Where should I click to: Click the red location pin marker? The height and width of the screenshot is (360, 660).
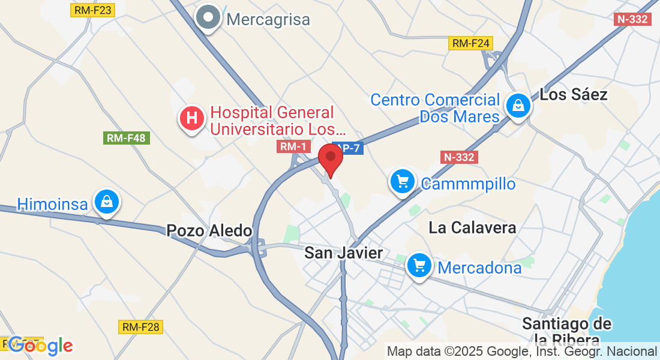pyautogui.click(x=330, y=158)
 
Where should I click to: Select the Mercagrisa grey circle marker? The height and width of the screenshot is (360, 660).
pyautogui.click(x=208, y=19)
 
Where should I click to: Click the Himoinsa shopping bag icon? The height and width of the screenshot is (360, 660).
pyautogui.click(x=106, y=202)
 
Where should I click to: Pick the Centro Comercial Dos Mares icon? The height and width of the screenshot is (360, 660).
pyautogui.click(x=517, y=107)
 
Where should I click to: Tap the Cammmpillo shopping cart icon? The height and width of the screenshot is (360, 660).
pyautogui.click(x=402, y=181)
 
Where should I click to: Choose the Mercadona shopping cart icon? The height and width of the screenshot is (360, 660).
pyautogui.click(x=419, y=265)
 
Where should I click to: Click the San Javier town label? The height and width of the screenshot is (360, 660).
pyautogui.click(x=343, y=253)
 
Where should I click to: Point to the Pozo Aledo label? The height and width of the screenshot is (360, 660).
pyautogui.click(x=209, y=230)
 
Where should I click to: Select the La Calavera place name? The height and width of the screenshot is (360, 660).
pyautogui.click(x=473, y=227)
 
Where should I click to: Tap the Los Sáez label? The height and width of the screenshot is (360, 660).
pyautogui.click(x=574, y=94)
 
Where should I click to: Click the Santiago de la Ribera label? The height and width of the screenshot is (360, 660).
pyautogui.click(x=567, y=332)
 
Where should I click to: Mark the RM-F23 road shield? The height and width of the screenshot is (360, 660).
pyautogui.click(x=92, y=10)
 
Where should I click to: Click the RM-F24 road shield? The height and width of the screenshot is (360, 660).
pyautogui.click(x=472, y=43)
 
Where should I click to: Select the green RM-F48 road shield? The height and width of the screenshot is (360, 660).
pyautogui.click(x=127, y=138)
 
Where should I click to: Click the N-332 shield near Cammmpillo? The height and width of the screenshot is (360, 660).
pyautogui.click(x=459, y=157)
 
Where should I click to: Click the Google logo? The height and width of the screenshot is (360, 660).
pyautogui.click(x=41, y=346)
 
